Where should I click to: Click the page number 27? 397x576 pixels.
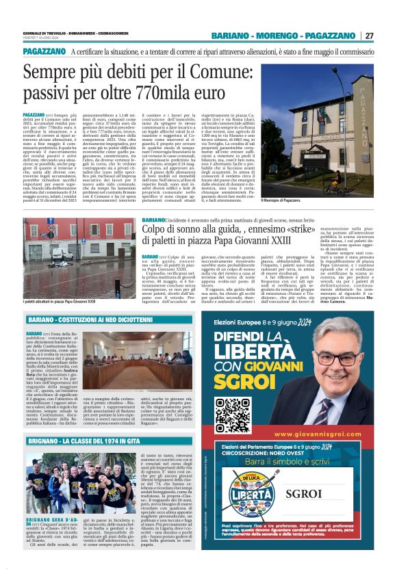tap(369, 36)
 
